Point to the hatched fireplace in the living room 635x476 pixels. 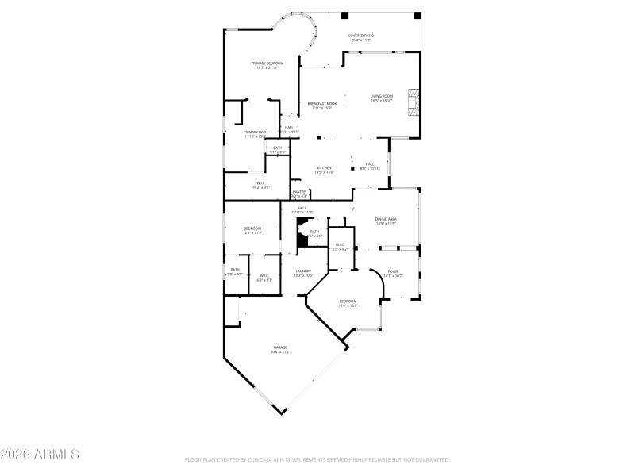[413, 101]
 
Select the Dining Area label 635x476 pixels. [386, 221]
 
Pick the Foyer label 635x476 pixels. [393, 273]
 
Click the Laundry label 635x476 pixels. [303, 273]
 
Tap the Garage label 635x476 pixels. [280, 349]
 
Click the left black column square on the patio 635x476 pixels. [344, 15]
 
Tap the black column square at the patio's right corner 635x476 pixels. [418, 15]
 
